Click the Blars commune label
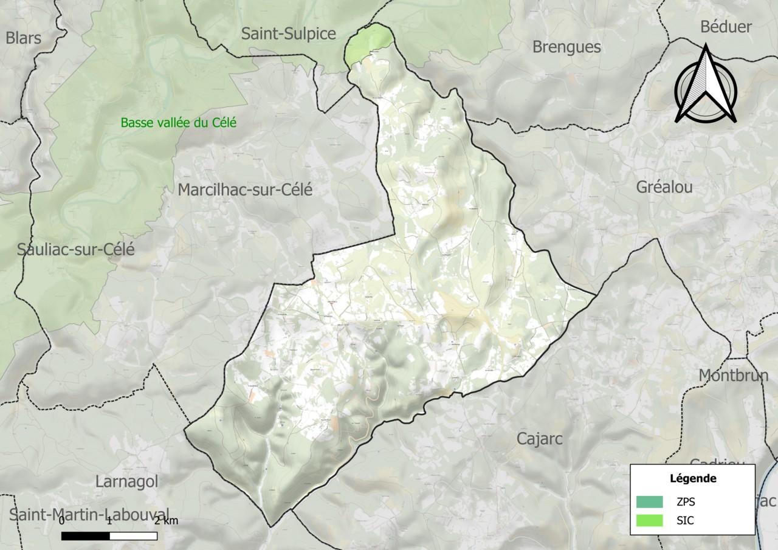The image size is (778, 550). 23,38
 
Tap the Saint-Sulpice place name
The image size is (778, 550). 288,34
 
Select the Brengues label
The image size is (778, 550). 566,47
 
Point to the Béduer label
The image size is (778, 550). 726,27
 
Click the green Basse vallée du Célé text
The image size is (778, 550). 178,123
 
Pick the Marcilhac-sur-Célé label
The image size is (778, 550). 245,190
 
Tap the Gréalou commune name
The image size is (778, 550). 664,187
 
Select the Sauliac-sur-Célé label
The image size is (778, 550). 76,249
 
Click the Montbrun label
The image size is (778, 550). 734,376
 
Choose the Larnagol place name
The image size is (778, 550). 126,481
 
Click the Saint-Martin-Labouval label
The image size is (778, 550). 89,514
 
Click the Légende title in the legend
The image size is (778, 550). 692,478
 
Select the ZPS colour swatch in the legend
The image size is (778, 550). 649,502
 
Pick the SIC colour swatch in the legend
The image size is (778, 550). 649,521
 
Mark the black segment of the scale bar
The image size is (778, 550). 86,536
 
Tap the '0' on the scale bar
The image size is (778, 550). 62,521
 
